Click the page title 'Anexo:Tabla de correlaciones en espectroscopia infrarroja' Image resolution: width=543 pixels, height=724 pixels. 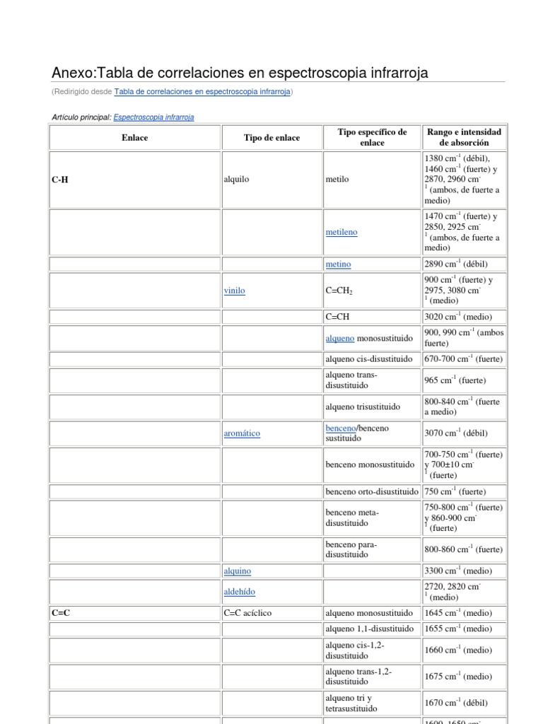point(240,74)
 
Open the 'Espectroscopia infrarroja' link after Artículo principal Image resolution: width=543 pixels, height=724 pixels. point(153,117)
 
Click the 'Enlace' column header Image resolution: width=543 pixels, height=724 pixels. point(134,138)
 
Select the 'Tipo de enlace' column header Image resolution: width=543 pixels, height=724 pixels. point(271,138)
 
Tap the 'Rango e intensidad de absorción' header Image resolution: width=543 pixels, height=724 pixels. point(464,137)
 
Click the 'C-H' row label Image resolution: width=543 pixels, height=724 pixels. point(60,180)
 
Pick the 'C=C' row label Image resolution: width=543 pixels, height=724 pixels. point(61,613)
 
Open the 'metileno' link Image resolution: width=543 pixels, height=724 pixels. point(341,232)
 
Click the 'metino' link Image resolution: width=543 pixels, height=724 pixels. point(338,264)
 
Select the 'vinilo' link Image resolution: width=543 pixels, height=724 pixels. point(234,291)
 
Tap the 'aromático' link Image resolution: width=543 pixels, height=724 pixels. point(242,433)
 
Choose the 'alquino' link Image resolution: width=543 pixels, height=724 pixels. point(237,571)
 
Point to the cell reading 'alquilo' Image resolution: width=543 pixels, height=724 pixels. point(236,180)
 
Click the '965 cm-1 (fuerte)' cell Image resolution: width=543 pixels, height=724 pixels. point(454,380)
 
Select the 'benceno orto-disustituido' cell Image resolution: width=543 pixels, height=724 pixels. point(371,491)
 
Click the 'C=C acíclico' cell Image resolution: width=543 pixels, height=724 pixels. point(252,613)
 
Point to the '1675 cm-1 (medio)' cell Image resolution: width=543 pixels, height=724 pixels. point(457,677)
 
